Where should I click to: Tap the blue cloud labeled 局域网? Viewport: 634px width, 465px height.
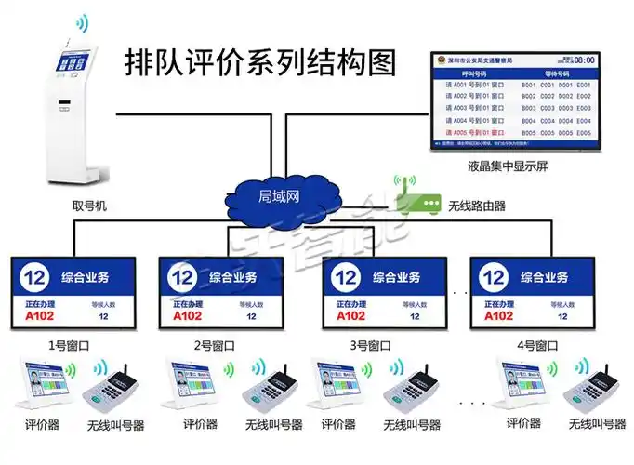coord(278,196)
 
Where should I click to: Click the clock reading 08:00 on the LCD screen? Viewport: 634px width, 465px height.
coord(580,60)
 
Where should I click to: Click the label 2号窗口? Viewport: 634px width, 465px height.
coord(214,345)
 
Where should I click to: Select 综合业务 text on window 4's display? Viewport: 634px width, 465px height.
coord(546,276)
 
